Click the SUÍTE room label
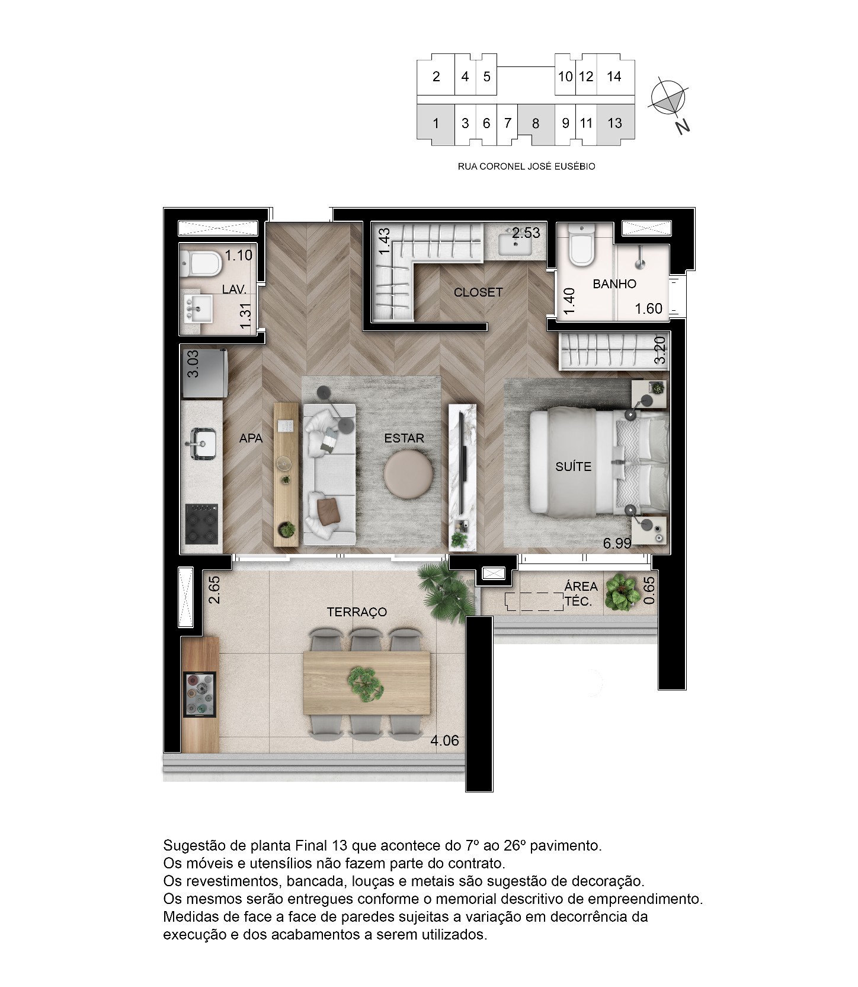pyautogui.click(x=573, y=466)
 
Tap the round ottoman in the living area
pyautogui.click(x=408, y=472)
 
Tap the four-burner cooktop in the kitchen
pyautogui.click(x=201, y=524)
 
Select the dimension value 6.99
pyautogui.click(x=617, y=543)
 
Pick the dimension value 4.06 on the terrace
pyautogui.click(x=444, y=740)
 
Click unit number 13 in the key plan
pyautogui.click(x=614, y=123)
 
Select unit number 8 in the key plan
pyautogui.click(x=536, y=123)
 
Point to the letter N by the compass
pyautogui.click(x=683, y=127)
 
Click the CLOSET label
pyautogui.click(x=478, y=292)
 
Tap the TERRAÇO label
pyautogui.click(x=357, y=612)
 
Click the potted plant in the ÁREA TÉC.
pyautogui.click(x=622, y=592)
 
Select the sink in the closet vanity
pyautogui.click(x=515, y=244)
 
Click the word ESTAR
pyautogui.click(x=404, y=438)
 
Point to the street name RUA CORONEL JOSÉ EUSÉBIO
pyautogui.click(x=527, y=167)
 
